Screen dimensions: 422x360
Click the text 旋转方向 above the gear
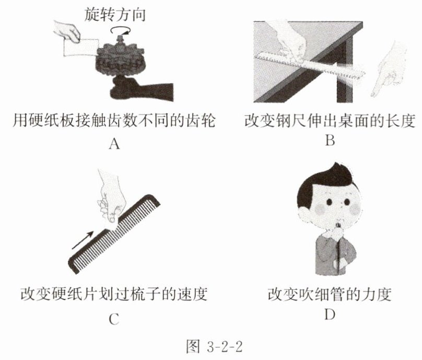tap(115, 14)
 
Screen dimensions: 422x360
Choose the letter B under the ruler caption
tap(330, 140)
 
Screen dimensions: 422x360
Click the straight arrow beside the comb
tap(83, 240)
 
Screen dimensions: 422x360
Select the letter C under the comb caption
tap(114, 320)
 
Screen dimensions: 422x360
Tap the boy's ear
tap(302, 215)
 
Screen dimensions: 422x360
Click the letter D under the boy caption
tap(330, 315)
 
